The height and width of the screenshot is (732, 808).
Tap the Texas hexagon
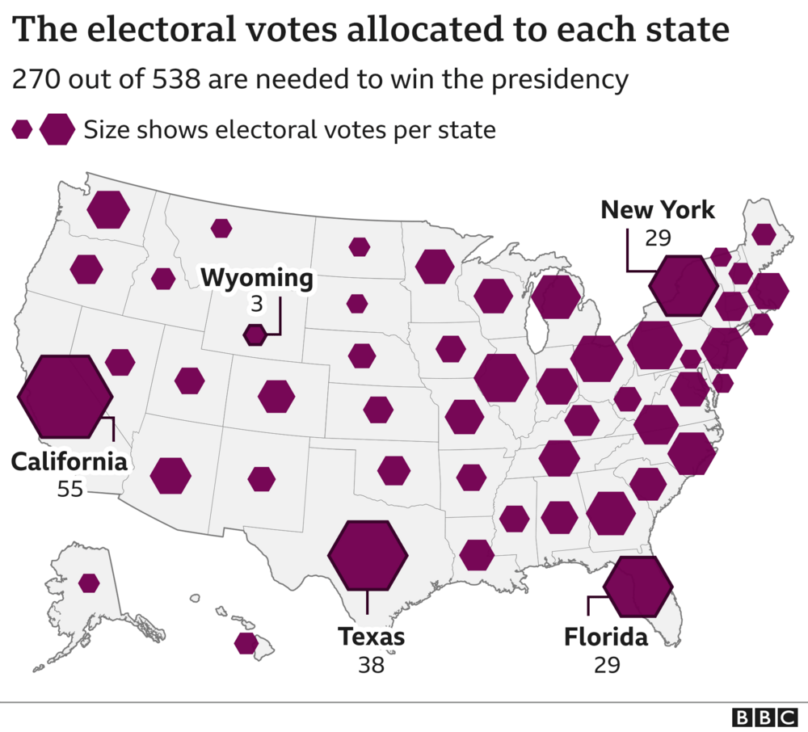pos(368,555)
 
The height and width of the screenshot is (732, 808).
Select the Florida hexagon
pos(638,587)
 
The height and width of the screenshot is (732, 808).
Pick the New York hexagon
pos(684,285)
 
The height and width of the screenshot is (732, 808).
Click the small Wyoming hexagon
pos(255,334)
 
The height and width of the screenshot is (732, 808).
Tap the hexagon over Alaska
pos(89,583)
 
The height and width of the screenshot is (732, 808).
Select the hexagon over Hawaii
pos(246,643)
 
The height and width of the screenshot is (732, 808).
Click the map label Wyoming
pos(257,279)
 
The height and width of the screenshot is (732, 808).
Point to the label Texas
pos(372,637)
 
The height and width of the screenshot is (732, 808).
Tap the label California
pos(69,462)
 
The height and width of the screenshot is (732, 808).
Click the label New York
pos(658,210)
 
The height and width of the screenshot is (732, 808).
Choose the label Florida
pos(605,637)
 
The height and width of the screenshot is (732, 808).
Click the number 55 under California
pos(69,489)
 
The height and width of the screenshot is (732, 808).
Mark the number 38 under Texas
pos(371,664)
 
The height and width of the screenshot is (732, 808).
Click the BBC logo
pos(764,717)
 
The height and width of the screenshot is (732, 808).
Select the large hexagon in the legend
pos(57,129)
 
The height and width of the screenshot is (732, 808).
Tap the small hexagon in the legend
pos(23,129)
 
